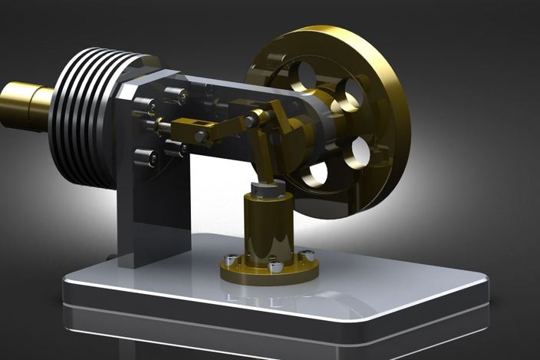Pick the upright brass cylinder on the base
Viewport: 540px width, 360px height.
pyautogui.click(x=268, y=226)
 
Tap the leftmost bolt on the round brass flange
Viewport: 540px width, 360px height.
pyautogui.click(x=229, y=259)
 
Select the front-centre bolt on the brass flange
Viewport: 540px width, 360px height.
pyautogui.click(x=275, y=267)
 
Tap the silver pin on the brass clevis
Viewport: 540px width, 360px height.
pyautogui.click(x=202, y=137)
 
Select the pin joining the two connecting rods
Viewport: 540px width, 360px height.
pyautogui.click(x=251, y=121)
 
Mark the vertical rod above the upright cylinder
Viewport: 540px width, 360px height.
pyautogui.click(x=263, y=154)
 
